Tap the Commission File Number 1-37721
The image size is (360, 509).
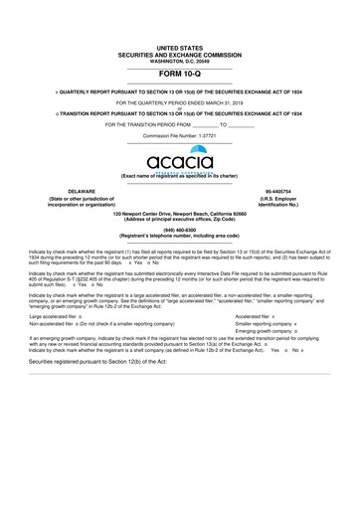[x=180, y=135]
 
